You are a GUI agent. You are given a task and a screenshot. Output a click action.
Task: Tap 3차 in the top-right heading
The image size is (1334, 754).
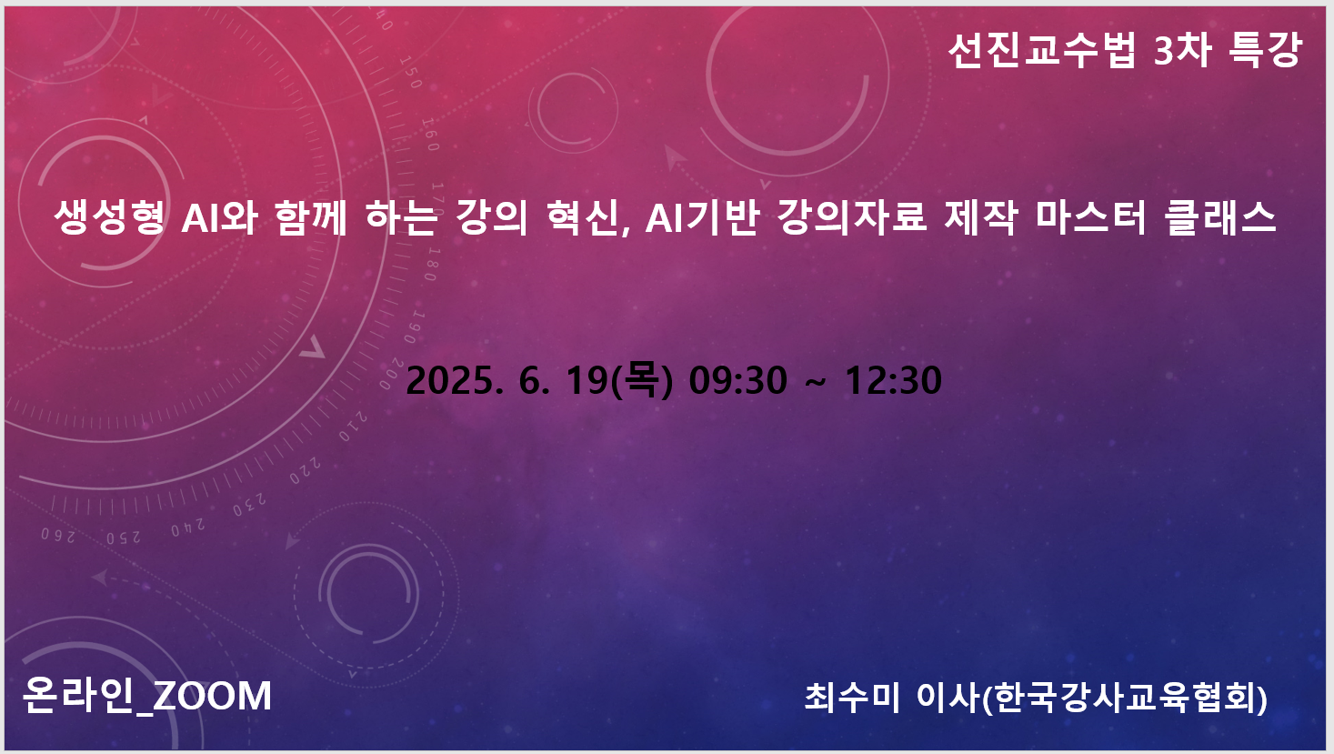pos(1183,50)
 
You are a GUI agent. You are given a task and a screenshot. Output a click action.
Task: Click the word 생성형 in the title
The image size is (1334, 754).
pos(109,216)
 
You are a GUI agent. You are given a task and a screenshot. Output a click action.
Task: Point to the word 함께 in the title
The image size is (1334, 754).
pos(311,216)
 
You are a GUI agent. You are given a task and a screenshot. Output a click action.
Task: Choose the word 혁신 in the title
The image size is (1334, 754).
pos(587,216)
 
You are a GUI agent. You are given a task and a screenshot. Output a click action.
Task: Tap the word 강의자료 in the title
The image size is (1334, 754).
pos(852,216)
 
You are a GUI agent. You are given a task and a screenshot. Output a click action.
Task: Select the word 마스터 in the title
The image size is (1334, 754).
pos(1091,216)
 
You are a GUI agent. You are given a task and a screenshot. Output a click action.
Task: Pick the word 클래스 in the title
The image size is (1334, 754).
pos(1221,216)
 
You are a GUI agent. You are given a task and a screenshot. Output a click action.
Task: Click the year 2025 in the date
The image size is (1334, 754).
pos(450,380)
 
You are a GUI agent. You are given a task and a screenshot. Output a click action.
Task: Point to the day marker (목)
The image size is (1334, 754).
pos(642,380)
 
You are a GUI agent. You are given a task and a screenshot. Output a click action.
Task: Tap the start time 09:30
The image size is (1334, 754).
pos(737,380)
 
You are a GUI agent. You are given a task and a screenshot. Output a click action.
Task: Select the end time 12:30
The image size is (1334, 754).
pos(893,380)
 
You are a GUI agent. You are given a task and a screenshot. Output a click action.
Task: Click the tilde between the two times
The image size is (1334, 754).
pos(816,381)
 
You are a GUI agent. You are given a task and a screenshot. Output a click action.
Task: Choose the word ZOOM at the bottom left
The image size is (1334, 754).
pos(212,696)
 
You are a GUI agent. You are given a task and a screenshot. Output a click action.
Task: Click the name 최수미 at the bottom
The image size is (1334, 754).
pos(852,697)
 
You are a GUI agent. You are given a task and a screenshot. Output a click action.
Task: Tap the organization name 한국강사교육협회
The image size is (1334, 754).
pos(1124,697)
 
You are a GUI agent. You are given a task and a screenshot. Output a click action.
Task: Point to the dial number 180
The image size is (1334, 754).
pos(431,263)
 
